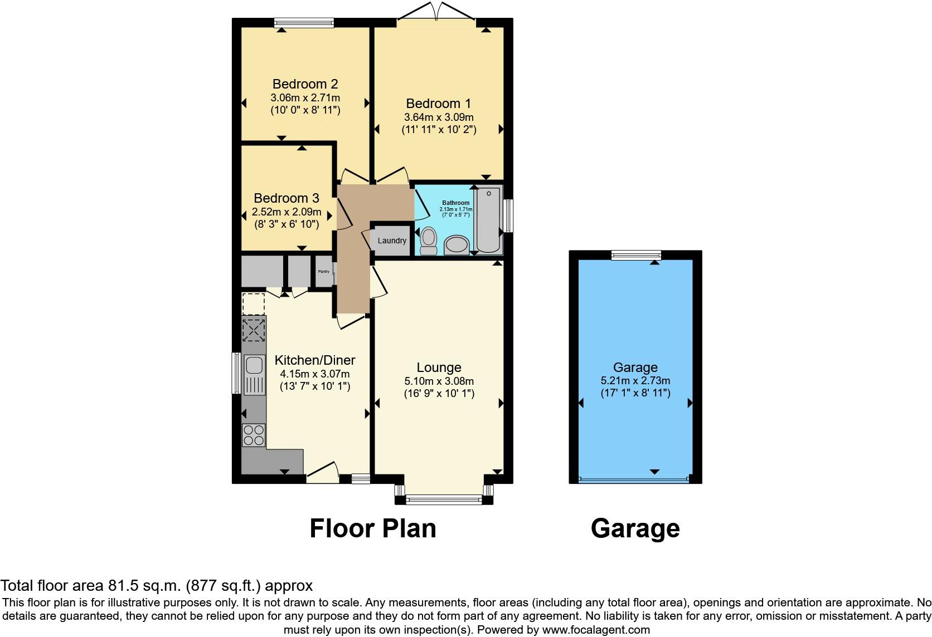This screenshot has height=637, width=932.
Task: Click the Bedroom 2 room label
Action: click(305, 84)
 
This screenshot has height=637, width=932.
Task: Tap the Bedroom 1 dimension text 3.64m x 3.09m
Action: click(439, 117)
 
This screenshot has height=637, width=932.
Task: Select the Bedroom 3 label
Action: click(287, 198)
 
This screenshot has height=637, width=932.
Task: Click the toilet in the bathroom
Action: click(428, 241)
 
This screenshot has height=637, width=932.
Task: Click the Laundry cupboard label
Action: click(392, 241)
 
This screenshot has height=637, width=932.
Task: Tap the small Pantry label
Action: click(323, 272)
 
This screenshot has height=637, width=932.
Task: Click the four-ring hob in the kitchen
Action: click(254, 435)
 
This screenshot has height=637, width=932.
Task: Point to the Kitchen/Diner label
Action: click(315, 360)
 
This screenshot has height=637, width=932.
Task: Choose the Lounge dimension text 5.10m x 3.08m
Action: click(439, 381)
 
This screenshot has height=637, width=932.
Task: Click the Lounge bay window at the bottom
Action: click(444, 499)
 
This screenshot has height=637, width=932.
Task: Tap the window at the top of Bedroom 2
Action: click(304, 23)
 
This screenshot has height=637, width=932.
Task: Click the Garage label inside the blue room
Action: click(635, 367)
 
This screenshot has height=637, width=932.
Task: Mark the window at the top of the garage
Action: click(636, 255)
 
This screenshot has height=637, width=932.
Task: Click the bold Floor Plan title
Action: click(372, 528)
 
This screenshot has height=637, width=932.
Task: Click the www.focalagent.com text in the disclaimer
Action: click(596, 630)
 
